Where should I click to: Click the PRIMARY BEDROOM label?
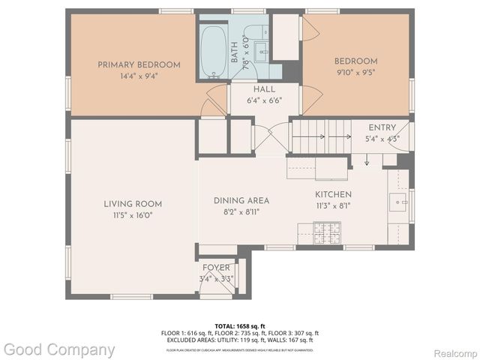coord(139,64)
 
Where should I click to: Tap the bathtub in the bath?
coord(214,52)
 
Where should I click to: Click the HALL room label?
coord(243,89)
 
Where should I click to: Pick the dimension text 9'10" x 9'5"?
coord(356,73)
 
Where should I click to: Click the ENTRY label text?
coord(382,128)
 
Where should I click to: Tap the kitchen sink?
coord(398,201)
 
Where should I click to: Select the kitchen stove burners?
coord(326,227)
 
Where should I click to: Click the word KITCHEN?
coord(333,193)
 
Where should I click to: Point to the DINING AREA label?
coord(241,200)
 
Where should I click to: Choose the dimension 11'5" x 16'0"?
coord(132,214)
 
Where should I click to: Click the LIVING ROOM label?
coord(132,204)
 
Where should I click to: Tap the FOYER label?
coord(217,268)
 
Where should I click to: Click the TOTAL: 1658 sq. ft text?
coord(239,325)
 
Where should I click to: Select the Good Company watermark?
coord(58,349)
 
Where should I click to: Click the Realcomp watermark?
coord(454,352)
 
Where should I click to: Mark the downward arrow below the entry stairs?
coord(365,160)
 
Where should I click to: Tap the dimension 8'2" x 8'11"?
coord(241,211)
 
